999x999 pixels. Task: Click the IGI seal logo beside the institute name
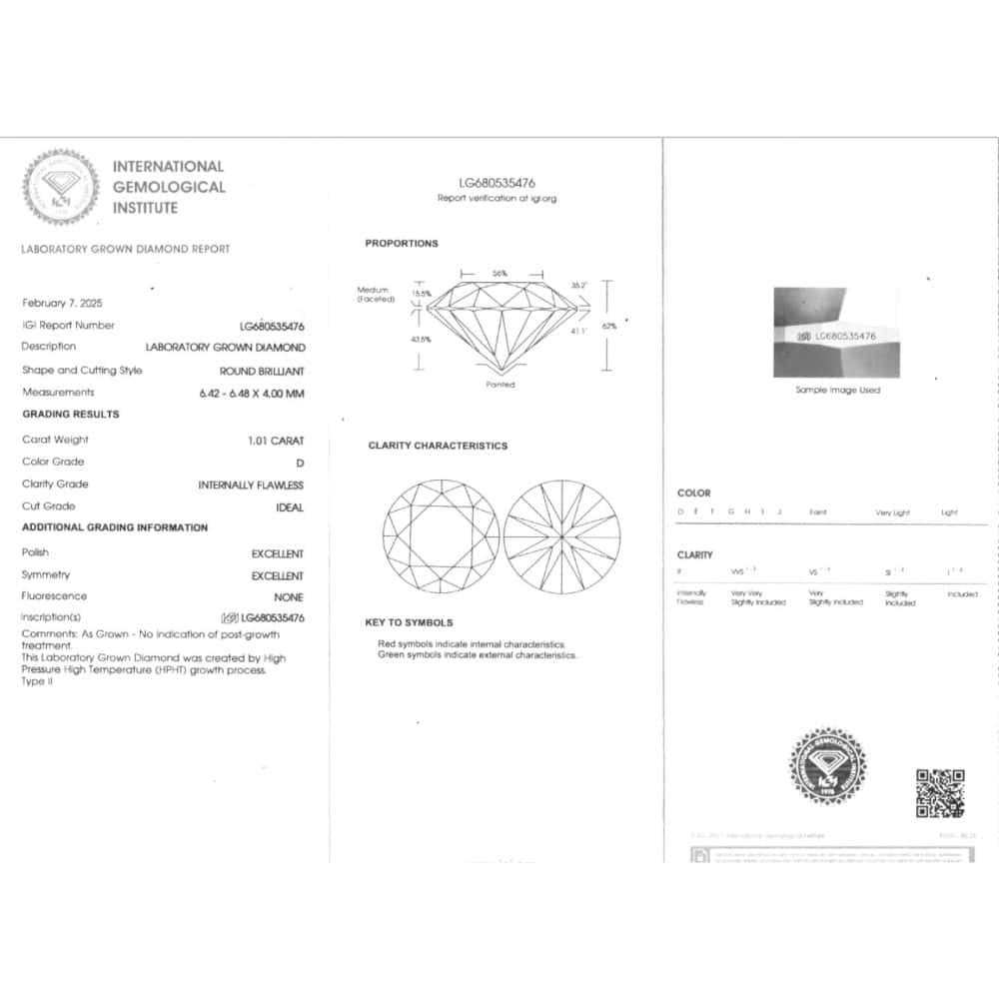pyautogui.click(x=61, y=187)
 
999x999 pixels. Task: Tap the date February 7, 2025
pyautogui.click(x=62, y=303)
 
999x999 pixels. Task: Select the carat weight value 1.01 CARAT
pyautogui.click(x=276, y=441)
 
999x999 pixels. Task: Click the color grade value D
pyautogui.click(x=300, y=463)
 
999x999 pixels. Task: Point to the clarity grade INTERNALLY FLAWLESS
pyautogui.click(x=251, y=486)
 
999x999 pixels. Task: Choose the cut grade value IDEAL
pyautogui.click(x=289, y=507)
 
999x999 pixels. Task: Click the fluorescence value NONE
pyautogui.click(x=288, y=597)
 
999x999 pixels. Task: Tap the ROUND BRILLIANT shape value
pyautogui.click(x=263, y=371)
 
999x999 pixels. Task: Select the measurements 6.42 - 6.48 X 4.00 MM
pyautogui.click(x=251, y=394)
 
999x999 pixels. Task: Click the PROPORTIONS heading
pyautogui.click(x=401, y=244)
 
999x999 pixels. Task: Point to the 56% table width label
pyautogui.click(x=499, y=273)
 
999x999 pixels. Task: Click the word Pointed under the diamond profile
pyautogui.click(x=500, y=385)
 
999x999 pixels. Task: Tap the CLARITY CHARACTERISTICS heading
pyautogui.click(x=438, y=446)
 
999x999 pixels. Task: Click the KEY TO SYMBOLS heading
pyautogui.click(x=410, y=622)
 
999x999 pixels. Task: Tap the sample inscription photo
pyautogui.click(x=837, y=332)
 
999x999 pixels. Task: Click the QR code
pyautogui.click(x=940, y=793)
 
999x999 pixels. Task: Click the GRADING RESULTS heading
pyautogui.click(x=71, y=415)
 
